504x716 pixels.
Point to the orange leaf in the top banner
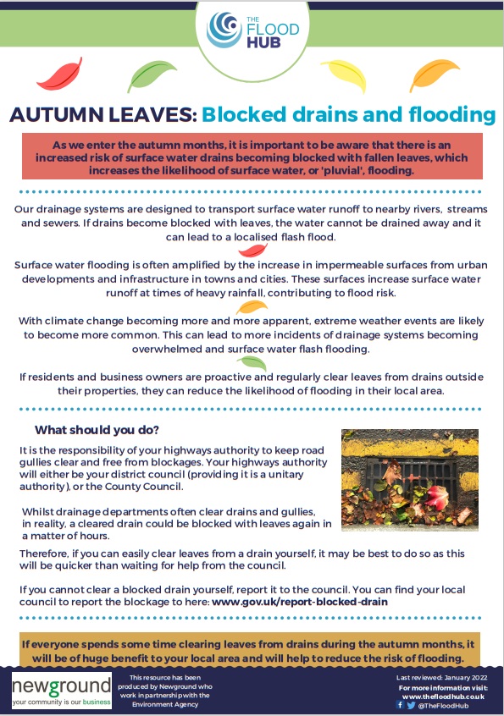(437, 74)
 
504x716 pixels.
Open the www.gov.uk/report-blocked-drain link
(299, 602)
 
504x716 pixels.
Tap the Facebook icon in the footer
(399, 704)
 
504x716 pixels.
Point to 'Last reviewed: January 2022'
(438, 678)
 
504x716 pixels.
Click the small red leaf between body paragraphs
(252, 251)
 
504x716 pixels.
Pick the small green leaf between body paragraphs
(252, 363)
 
